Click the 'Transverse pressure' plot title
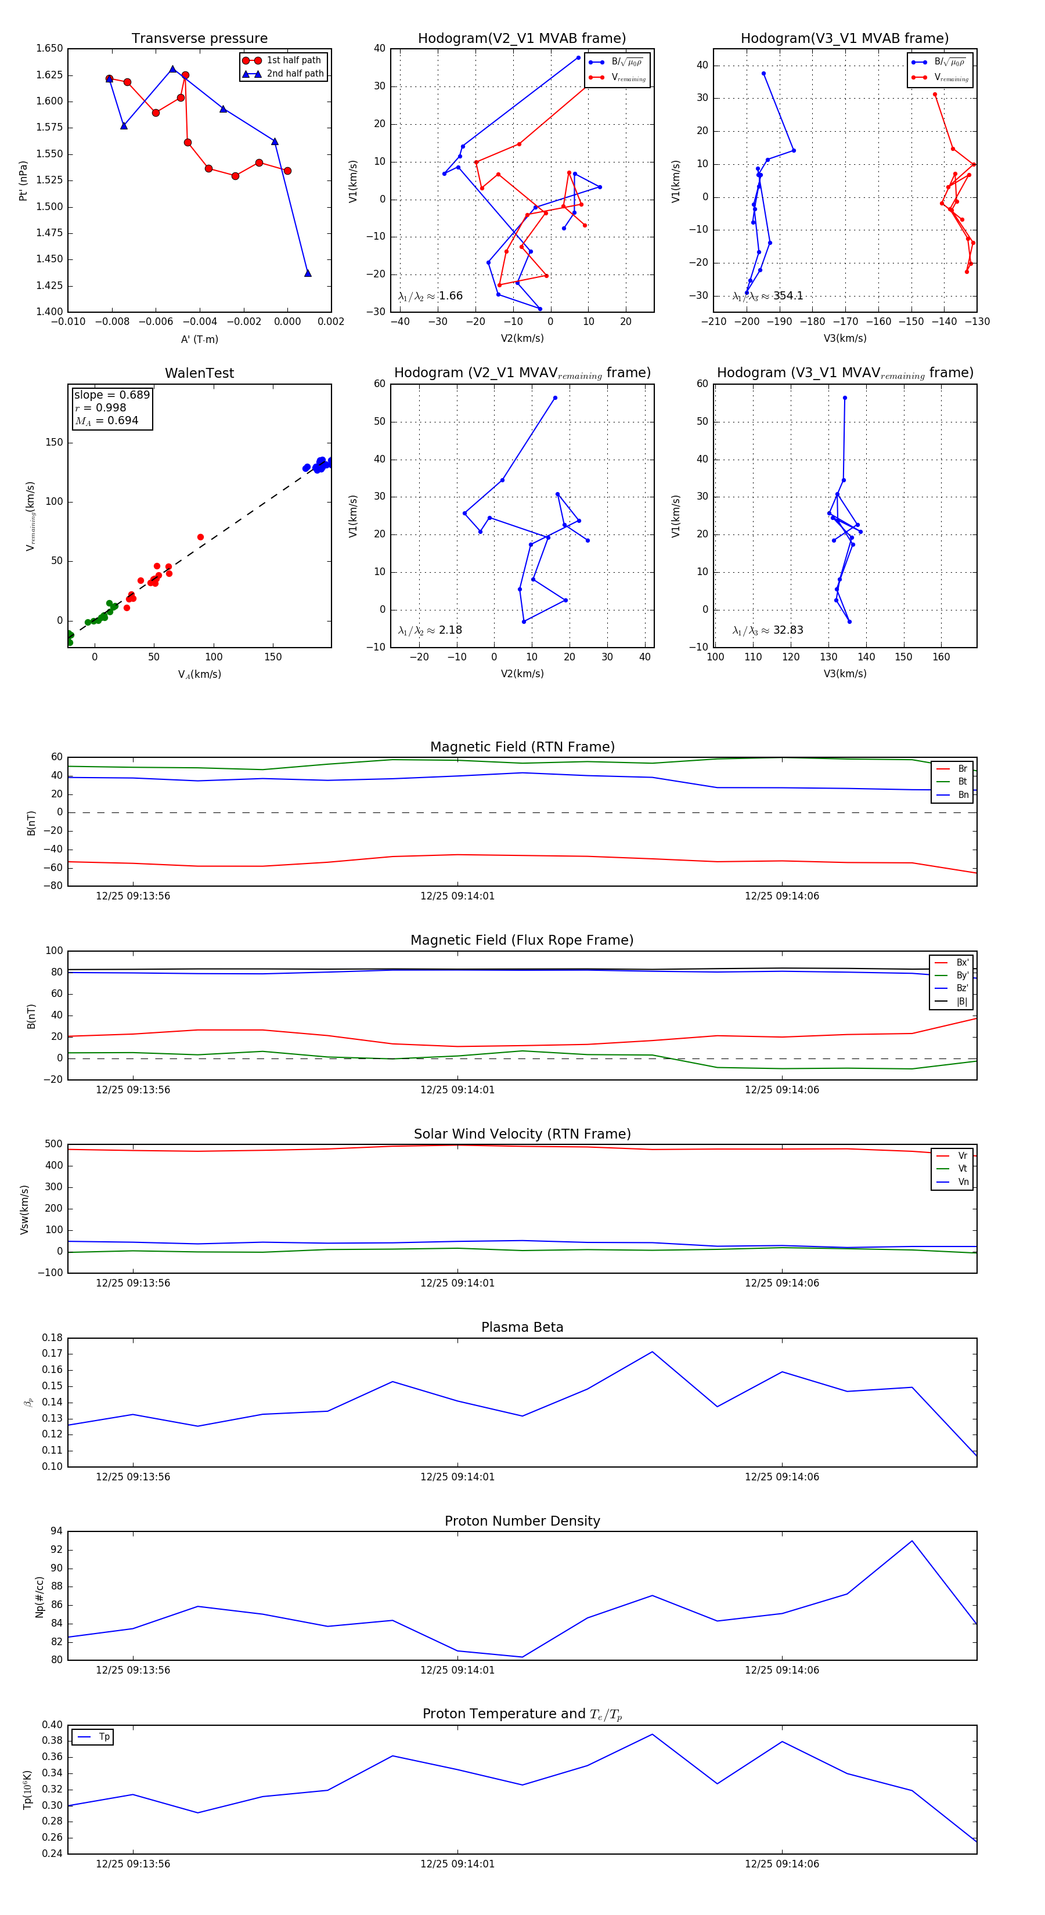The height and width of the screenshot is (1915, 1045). [199, 39]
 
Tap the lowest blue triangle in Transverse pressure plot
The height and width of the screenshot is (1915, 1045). [308, 273]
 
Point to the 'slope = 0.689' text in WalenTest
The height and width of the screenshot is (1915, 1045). [111, 395]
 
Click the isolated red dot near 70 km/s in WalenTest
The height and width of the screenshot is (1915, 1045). [201, 537]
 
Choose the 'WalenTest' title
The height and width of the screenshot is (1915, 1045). [199, 373]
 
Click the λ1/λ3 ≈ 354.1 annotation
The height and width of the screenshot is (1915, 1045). [767, 296]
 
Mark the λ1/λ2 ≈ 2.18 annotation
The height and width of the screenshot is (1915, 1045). [430, 630]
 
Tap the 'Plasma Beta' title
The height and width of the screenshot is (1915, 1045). [522, 1328]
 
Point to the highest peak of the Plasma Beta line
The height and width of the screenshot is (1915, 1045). [653, 1352]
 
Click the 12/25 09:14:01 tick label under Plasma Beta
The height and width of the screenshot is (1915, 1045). [457, 1477]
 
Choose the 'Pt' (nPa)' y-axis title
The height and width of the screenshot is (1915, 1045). [23, 180]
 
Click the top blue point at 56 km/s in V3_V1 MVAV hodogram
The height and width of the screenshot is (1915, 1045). [845, 398]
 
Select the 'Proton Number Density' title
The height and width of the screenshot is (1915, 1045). [522, 1521]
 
